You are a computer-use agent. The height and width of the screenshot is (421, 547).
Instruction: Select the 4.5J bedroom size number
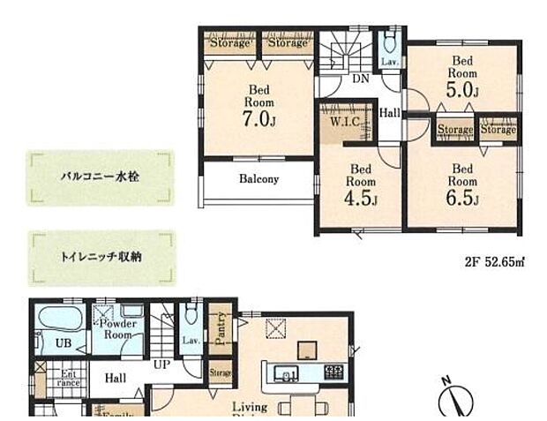coord(360,199)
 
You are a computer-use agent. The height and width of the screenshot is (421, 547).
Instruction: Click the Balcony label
coord(258,179)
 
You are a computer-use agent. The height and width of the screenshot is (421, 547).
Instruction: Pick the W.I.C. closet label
coord(344,122)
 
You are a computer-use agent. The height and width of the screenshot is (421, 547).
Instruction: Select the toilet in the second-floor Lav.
coord(388,43)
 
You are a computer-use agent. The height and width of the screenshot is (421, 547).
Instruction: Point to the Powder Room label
coord(117,329)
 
